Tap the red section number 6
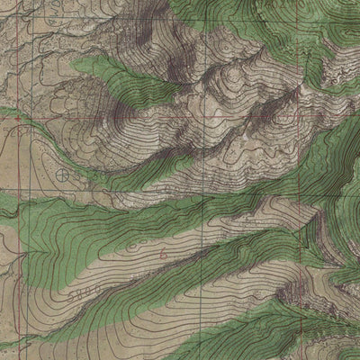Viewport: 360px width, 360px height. point(163,256)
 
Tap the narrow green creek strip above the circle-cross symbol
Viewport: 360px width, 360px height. point(54,126)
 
